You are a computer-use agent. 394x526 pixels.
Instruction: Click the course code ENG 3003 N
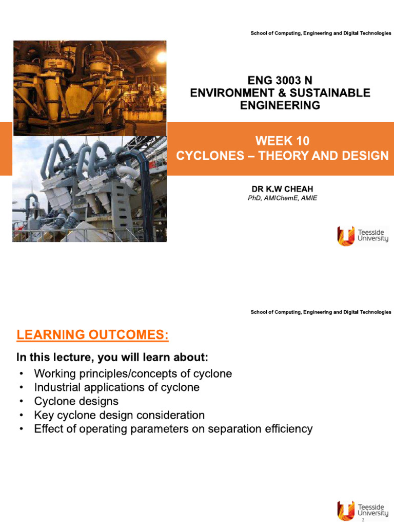280,81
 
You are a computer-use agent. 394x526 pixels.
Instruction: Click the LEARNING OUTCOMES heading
92,335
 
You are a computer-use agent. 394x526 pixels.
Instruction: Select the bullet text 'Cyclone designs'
76,401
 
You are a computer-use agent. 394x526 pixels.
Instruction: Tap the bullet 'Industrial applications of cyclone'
116,387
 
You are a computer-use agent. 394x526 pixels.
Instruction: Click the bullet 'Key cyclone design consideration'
119,415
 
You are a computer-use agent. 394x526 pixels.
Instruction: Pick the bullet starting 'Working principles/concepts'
133,373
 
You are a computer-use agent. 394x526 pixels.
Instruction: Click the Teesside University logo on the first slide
362,235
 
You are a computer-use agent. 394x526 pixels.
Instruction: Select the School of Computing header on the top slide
321,33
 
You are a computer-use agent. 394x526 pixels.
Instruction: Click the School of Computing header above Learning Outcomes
321,312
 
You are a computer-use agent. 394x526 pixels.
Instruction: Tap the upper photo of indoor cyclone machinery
89,87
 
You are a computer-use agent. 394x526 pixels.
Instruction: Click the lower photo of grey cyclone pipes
89,189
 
